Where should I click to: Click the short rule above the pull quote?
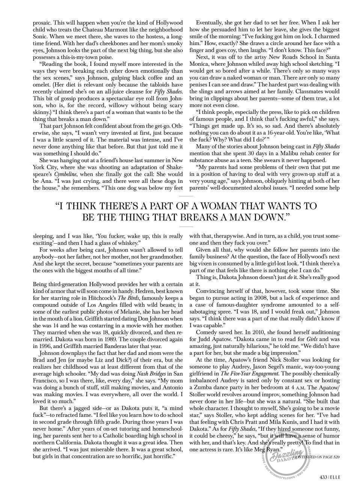pos(186,196)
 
